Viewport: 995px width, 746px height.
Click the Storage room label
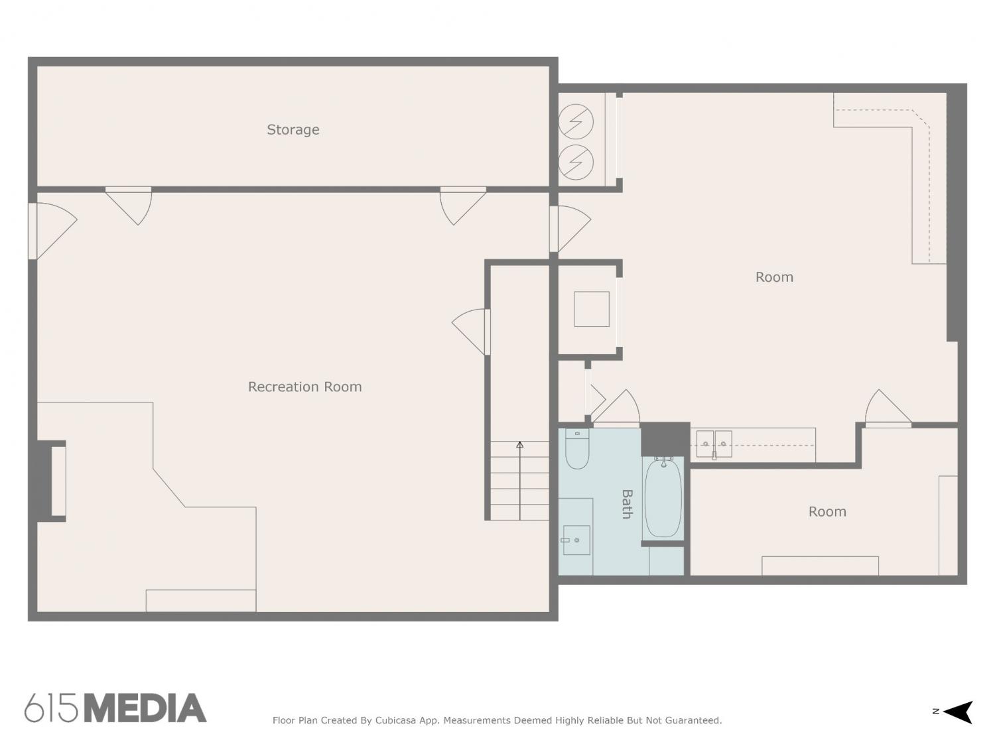point(293,130)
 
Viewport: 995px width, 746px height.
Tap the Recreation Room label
point(304,387)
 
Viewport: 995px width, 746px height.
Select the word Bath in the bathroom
point(627,504)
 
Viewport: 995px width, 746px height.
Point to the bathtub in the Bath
point(663,497)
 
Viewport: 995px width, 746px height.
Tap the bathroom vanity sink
point(576,540)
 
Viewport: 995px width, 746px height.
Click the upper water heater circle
point(576,121)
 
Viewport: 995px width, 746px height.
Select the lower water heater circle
point(576,162)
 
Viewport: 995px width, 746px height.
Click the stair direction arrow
point(520,481)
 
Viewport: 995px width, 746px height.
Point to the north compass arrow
point(957,712)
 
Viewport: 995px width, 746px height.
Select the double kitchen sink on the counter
point(714,444)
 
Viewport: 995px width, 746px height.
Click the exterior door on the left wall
point(52,231)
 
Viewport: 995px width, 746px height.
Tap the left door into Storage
point(129,206)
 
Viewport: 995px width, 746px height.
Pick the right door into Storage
point(463,206)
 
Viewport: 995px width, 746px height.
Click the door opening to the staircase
point(472,332)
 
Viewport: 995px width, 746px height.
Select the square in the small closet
point(592,309)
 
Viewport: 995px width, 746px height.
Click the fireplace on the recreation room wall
point(50,481)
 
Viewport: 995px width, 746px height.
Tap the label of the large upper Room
point(774,277)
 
